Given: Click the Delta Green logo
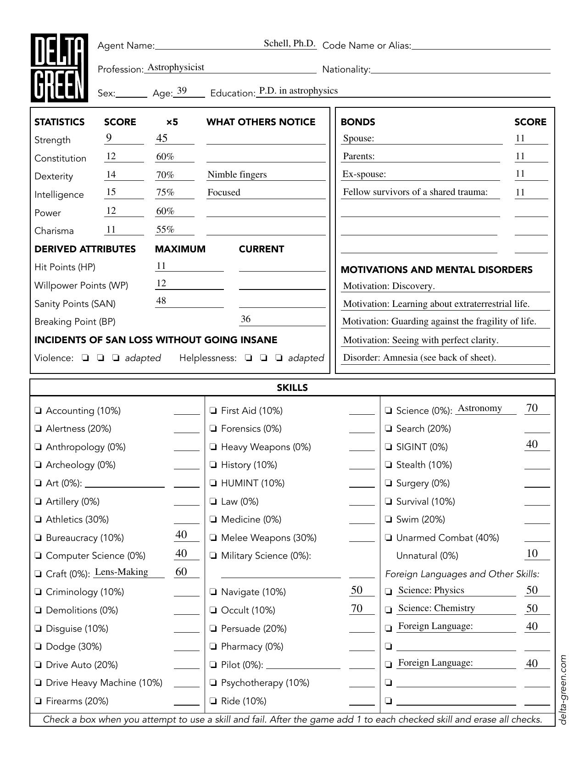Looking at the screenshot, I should coord(59,68).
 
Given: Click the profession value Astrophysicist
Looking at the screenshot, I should coord(176,67).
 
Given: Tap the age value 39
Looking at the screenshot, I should coord(182,91).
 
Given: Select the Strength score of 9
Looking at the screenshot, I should coord(109,138).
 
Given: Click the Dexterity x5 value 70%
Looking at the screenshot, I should coord(165,175).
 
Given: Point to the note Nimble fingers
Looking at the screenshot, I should coord(237,174).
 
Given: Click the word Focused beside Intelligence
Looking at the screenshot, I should coord(223,192).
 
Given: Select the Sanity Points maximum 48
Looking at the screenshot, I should coord(161,301).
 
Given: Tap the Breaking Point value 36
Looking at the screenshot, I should coord(245,319).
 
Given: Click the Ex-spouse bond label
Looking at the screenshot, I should coord(364,174).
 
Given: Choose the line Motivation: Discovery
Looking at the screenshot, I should coord(389,286).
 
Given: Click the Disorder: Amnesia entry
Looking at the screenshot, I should coord(419,357).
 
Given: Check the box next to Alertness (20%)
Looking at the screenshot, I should coord(39,429).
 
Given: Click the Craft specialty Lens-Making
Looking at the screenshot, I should coord(121,572).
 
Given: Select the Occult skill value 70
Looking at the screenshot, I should coord(357,608).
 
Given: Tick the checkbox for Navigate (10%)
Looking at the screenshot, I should coord(213,592).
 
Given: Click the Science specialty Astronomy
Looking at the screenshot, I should coord(479,408).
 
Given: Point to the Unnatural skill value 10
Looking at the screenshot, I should coord(532,553).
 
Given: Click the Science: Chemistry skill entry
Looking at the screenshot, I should coord(436,608).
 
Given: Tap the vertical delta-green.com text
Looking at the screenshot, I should coord(563,689).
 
